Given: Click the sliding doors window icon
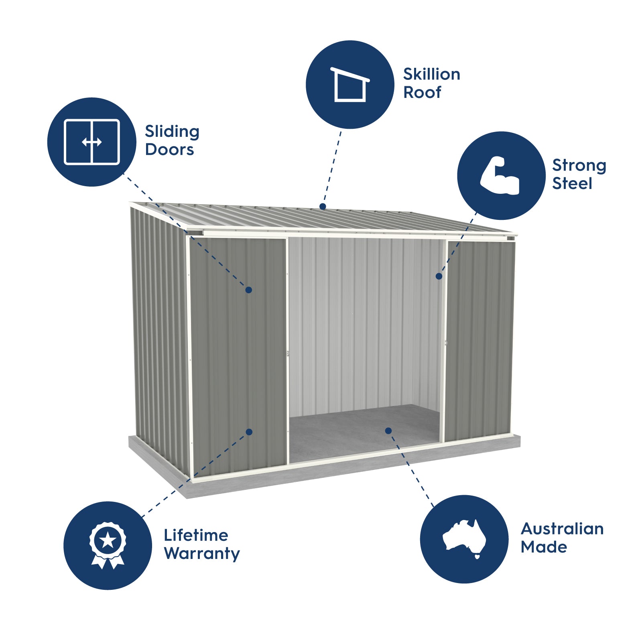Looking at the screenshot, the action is [x=92, y=142].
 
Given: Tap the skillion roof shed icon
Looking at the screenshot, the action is [x=350, y=84].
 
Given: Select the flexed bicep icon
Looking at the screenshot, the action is [x=500, y=176].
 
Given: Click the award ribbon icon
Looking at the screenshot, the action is [x=108, y=545].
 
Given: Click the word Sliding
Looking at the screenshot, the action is [x=172, y=132].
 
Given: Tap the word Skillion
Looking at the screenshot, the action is [x=432, y=74].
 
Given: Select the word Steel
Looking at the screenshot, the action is [x=572, y=183].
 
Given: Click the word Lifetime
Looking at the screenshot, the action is [x=196, y=535].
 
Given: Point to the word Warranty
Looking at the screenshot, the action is [x=202, y=554].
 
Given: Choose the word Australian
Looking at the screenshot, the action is [x=562, y=529].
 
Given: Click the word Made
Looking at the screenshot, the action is [x=544, y=547].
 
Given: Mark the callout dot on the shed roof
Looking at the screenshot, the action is [x=323, y=206].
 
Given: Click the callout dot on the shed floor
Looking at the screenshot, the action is [x=388, y=431].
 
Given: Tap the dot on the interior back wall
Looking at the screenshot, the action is [x=439, y=276].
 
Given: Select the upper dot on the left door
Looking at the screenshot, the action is [x=249, y=290].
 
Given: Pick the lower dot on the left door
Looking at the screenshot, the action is [x=249, y=432].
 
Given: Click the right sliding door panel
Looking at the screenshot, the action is [x=480, y=340].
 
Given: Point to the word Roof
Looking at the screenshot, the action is [x=422, y=93].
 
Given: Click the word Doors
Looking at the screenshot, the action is [x=170, y=150].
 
